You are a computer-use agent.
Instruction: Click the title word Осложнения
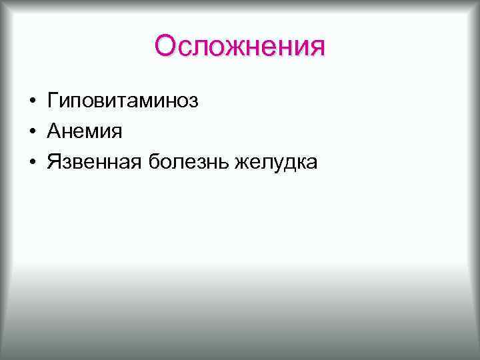tap(239, 47)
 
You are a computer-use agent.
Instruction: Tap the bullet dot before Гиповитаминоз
tap(32, 102)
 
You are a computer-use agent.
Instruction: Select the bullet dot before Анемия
tap(32, 133)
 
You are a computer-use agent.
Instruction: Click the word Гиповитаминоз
tap(123, 101)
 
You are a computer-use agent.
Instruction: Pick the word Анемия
tap(85, 132)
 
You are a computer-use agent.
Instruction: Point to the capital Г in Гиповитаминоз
tap(53, 101)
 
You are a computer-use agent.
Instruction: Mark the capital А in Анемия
tap(54, 132)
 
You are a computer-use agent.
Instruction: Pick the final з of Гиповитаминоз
tap(193, 103)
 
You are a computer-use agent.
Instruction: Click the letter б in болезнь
tap(155, 162)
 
